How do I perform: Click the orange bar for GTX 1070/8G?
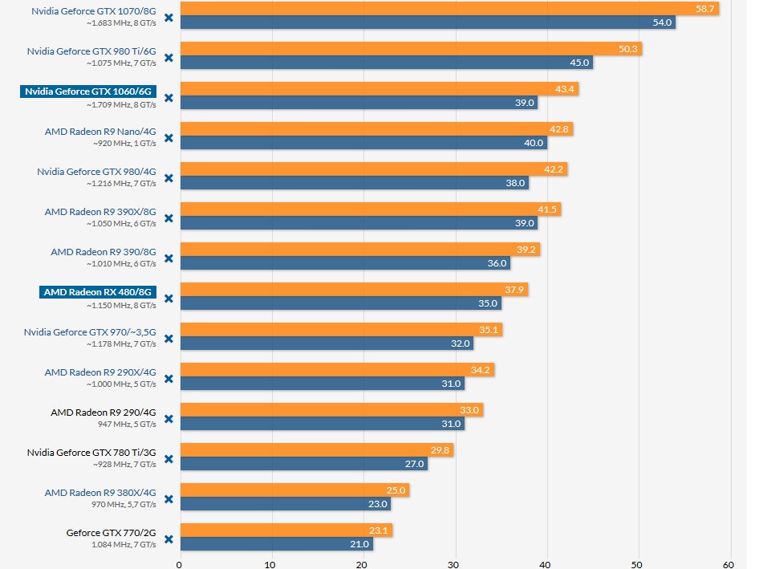449,8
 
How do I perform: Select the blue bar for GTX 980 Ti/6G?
386,63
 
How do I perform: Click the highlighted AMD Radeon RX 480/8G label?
98,292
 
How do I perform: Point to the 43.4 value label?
564,88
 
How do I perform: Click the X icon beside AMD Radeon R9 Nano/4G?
168,137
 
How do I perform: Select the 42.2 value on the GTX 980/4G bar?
554,169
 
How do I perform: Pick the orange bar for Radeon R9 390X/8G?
370,209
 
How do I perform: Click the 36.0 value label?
497,263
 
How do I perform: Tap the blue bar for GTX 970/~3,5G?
326,343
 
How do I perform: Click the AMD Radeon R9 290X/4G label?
100,372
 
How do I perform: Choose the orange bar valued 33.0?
331,409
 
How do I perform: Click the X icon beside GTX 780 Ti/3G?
168,458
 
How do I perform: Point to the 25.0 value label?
396,490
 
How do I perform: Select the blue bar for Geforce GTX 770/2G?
276,544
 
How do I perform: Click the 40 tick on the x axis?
546,563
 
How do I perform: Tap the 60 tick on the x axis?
729,563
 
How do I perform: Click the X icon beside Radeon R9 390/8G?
168,258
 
